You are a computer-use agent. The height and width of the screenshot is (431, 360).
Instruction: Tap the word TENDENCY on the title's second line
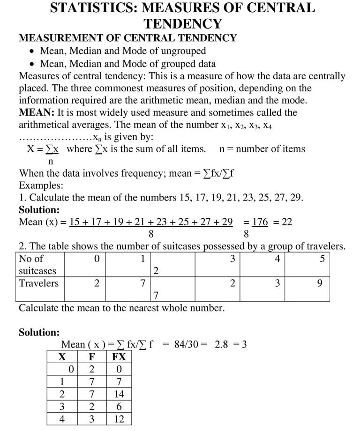(x=182, y=23)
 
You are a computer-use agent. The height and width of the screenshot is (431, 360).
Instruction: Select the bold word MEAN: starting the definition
(x=37, y=112)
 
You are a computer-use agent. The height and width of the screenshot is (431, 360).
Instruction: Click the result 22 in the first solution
(x=286, y=222)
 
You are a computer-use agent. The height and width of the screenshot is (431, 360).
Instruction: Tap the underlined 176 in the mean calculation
(x=260, y=222)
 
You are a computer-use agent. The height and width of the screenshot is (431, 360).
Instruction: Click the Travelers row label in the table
(x=39, y=283)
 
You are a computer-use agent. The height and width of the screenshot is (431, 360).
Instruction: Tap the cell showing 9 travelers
(x=320, y=283)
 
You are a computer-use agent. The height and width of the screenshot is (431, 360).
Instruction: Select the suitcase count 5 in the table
(x=322, y=259)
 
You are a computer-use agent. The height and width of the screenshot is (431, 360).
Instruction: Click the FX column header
(x=119, y=357)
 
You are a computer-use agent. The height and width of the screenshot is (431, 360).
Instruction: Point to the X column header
(x=62, y=357)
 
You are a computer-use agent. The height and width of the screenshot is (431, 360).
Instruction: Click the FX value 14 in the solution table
(x=119, y=394)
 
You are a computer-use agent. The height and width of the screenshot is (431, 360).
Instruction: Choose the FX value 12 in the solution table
(x=119, y=419)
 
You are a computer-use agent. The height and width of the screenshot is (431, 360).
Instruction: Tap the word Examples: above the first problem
(x=41, y=185)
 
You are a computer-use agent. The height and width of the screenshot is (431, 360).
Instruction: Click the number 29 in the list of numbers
(x=295, y=197)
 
